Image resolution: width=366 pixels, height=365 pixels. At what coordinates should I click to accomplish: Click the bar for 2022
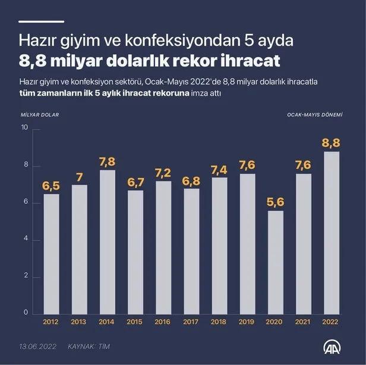pos(331,232)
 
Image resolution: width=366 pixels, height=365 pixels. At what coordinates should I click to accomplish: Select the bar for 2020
pos(275,262)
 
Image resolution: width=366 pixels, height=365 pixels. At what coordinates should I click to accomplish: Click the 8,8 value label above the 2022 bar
pos(331,143)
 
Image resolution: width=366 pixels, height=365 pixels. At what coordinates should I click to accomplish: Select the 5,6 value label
pos(275,202)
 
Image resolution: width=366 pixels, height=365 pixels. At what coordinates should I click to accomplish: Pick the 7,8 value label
pos(107,162)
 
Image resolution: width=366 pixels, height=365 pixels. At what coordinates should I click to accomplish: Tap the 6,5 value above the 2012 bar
pos(51,186)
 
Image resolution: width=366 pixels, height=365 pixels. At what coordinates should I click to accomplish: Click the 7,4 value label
pos(219,169)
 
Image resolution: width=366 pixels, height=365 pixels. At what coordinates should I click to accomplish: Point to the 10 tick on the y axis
pos(24,128)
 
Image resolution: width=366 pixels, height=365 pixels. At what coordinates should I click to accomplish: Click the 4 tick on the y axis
pos(26,240)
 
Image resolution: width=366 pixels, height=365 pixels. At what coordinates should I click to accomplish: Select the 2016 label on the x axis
pos(163,322)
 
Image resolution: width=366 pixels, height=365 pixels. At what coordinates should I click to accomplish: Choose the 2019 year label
pos(247,322)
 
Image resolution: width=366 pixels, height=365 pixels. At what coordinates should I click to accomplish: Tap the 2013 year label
pos(79,322)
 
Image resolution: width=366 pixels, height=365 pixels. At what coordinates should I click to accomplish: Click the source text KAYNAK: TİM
pos(89,345)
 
